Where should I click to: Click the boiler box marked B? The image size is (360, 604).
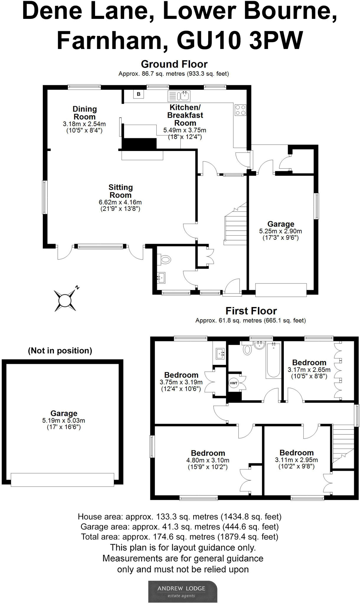pyautogui.click(x=138, y=94)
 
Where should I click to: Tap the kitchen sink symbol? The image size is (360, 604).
pyautogui.click(x=179, y=96)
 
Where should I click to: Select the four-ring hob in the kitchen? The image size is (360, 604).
pyautogui.click(x=240, y=110)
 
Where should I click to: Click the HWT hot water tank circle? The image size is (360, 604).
pyautogui.click(x=233, y=383)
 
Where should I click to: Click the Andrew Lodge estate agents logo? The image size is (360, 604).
pyautogui.click(x=182, y=591)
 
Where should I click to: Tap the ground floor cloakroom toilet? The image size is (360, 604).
pyautogui.click(x=166, y=260)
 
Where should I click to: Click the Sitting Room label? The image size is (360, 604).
pyautogui.click(x=120, y=191)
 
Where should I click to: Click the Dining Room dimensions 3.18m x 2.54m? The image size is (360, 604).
pyautogui.click(x=84, y=124)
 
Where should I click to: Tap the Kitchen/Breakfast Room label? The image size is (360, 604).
pyautogui.click(x=185, y=115)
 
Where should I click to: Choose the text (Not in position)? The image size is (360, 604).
pyautogui.click(x=60, y=351)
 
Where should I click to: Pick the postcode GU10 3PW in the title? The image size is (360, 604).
pyautogui.click(x=240, y=40)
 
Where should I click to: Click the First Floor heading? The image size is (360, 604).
pyautogui.click(x=251, y=311)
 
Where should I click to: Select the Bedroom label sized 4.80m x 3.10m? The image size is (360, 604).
pyautogui.click(x=208, y=453)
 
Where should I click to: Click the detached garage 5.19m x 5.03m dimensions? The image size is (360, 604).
pyautogui.click(x=63, y=421)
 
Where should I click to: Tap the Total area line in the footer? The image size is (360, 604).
pyautogui.click(x=179, y=537)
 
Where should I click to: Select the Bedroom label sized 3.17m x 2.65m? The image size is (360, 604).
pyautogui.click(x=309, y=362)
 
